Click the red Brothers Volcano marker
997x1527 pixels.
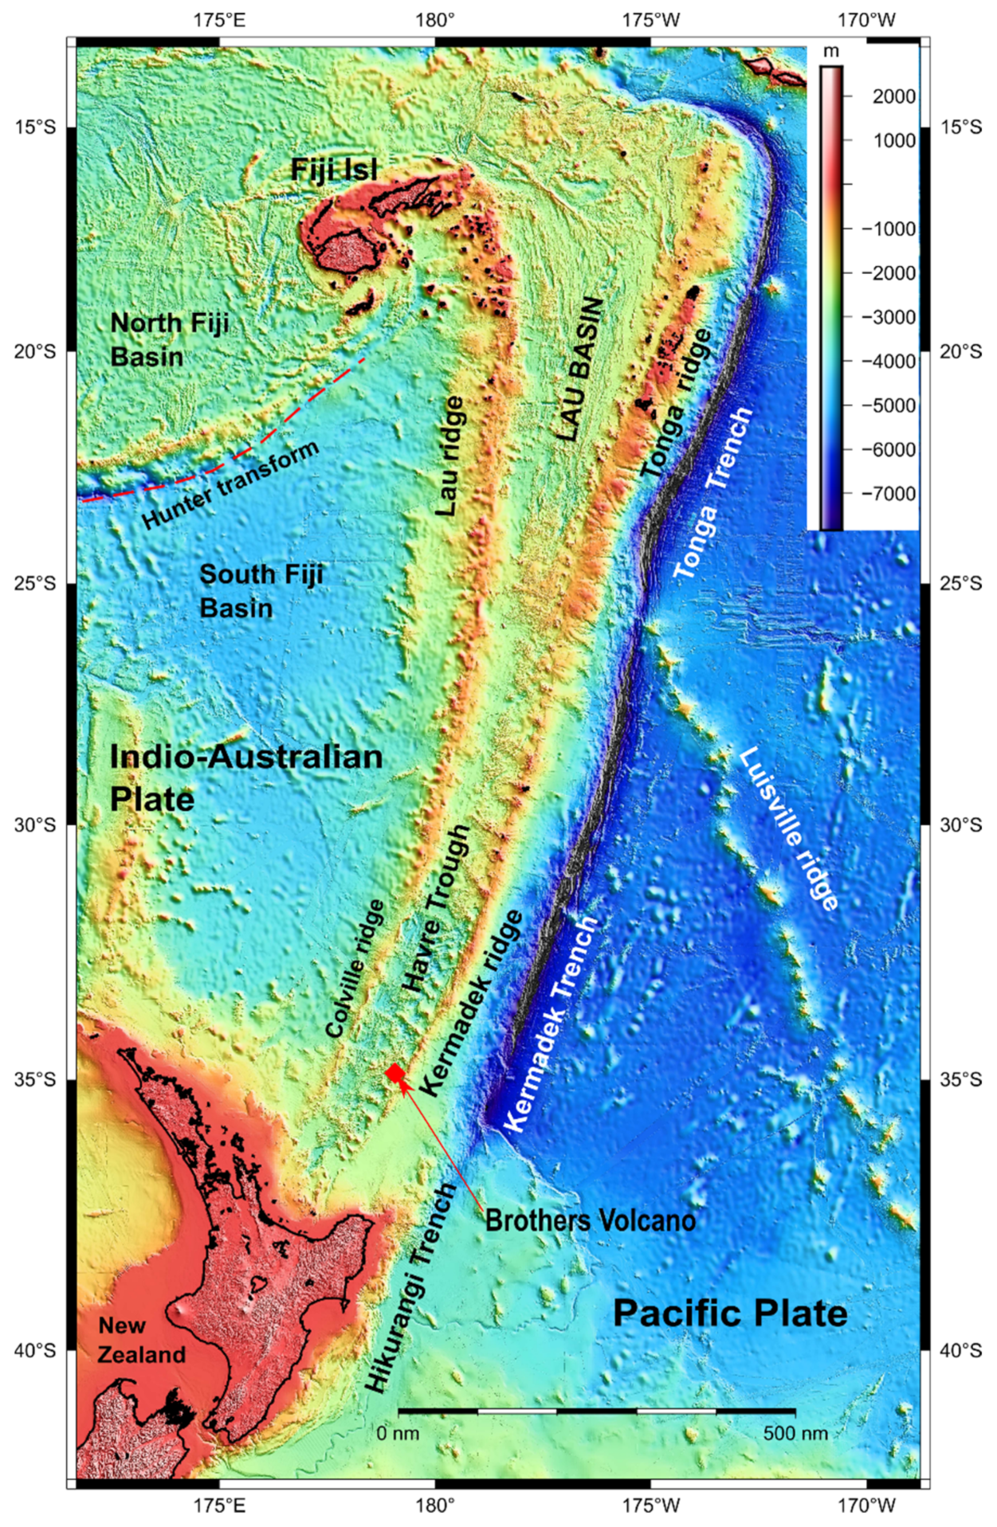click(395, 1073)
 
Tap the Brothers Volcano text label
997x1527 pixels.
click(590, 1220)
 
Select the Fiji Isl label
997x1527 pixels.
click(334, 169)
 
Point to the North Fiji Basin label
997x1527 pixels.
click(169, 339)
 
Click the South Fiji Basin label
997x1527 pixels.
click(261, 591)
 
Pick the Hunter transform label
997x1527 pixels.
click(230, 484)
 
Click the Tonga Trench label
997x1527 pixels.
click(712, 494)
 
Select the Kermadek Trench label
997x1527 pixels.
click(551, 1024)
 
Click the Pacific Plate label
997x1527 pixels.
click(729, 1313)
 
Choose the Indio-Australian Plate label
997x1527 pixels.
click(245, 777)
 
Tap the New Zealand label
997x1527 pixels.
click(141, 1340)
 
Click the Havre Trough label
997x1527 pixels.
click(436, 908)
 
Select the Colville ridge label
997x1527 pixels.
click(355, 969)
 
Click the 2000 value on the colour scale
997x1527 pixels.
click(893, 96)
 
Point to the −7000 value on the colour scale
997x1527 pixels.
click(889, 494)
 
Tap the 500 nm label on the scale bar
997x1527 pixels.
click(795, 1433)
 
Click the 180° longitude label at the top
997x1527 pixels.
click(434, 19)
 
